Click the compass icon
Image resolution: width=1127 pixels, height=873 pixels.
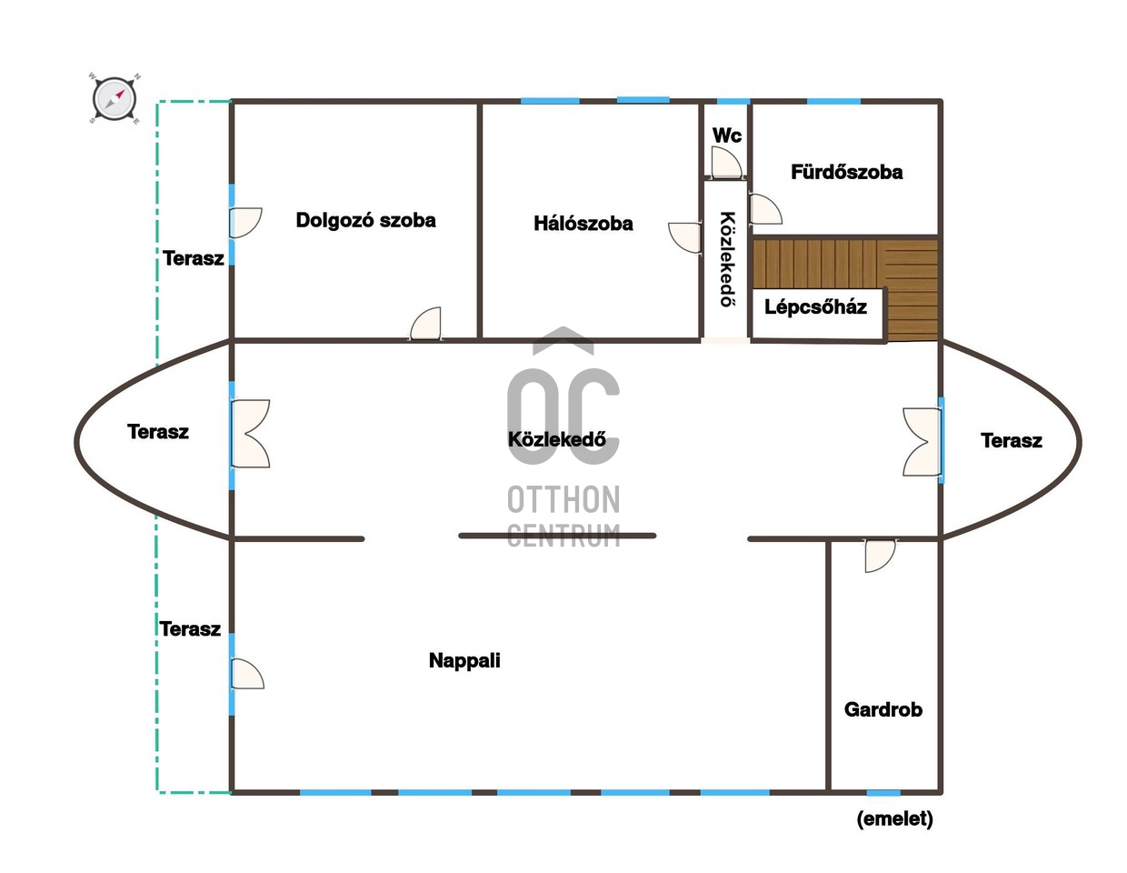115,99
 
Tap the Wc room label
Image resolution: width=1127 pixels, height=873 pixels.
726,135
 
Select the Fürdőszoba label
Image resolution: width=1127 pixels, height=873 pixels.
846,172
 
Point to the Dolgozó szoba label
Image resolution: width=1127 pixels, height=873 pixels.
365,220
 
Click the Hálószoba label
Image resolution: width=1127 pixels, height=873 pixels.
583,224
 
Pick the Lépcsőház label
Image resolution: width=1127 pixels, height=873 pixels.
815,307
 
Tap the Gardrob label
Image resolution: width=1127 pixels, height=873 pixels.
883,709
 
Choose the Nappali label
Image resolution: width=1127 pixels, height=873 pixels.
464,661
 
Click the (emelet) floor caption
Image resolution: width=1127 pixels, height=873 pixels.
894,819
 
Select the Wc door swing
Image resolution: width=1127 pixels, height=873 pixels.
726,163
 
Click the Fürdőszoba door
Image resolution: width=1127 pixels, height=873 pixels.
765,209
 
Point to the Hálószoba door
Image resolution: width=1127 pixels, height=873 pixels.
684,237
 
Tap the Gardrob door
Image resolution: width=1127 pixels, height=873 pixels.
880,556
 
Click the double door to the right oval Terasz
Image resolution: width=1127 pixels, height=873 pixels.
921,442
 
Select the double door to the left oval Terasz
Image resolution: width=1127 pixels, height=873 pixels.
251,434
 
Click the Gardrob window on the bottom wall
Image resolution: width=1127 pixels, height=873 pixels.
883,793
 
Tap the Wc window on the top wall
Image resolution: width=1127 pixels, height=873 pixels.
733,101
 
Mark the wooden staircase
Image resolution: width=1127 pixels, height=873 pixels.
845,289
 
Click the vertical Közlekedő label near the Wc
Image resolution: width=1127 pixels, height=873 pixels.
727,259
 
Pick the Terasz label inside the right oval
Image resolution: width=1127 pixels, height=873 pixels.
1012,441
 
